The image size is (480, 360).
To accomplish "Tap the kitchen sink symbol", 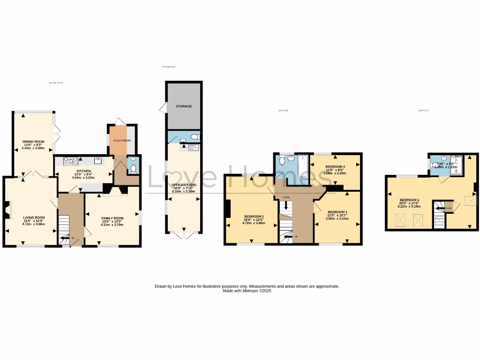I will point(99,161).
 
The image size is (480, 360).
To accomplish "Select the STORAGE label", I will point(184,106).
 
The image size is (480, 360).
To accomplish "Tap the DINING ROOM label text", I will point(33,142).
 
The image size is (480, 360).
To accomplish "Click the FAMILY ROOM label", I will point(112,218).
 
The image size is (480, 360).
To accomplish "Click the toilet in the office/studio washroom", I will point(195,136).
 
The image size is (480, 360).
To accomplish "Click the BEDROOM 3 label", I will point(337,212).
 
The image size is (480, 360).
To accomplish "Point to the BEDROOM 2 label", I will point(254,217).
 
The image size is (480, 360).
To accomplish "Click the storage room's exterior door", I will point(162,108).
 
